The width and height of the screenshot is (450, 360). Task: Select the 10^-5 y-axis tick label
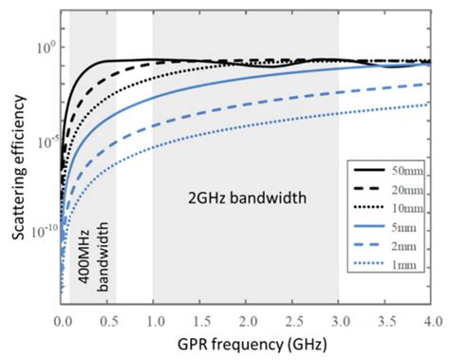tap(43, 139)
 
